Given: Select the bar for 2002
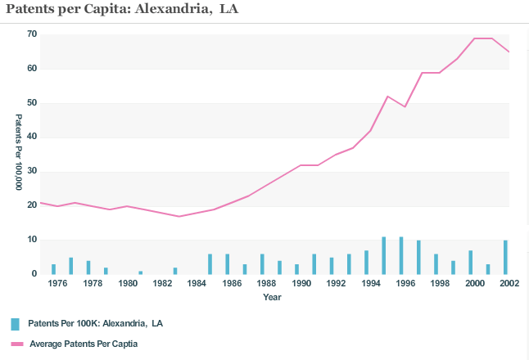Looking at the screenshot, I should tap(505, 258).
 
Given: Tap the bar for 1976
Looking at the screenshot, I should tap(54, 269).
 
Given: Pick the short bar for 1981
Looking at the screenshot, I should tap(141, 272).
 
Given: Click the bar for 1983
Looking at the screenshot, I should tap(175, 271).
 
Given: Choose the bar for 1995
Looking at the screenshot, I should tap(383, 256).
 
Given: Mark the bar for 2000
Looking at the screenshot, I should tap(471, 263).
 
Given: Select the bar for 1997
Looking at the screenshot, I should tap(418, 258).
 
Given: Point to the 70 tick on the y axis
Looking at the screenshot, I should tap(32, 34).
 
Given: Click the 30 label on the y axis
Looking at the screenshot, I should tap(32, 172).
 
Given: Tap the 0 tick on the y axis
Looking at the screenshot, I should tap(34, 275).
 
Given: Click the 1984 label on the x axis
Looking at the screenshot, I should tap(197, 284).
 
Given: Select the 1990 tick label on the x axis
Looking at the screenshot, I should tap(301, 284).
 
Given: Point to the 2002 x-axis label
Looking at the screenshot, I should tap(509, 284).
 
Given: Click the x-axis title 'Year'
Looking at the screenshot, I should tap(273, 297).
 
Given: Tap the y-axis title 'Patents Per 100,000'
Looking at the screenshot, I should tap(19, 153).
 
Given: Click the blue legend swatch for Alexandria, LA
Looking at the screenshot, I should tap(16, 324).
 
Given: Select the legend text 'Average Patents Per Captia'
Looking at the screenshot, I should tap(84, 344).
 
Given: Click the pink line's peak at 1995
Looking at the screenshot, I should tap(387, 97).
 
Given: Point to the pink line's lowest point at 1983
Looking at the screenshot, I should tap(179, 216).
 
